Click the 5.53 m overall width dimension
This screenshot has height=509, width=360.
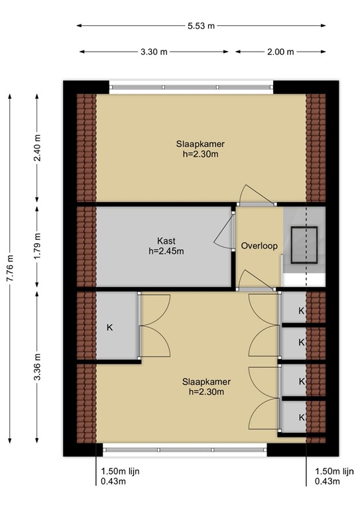click(x=202, y=27)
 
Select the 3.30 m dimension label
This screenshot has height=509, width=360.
click(x=154, y=51)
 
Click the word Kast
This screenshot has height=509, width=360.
click(x=166, y=241)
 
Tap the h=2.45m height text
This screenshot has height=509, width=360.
click(x=166, y=251)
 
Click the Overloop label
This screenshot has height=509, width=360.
click(x=259, y=245)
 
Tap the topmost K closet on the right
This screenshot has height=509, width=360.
click(x=301, y=311)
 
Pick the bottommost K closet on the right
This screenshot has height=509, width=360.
click(x=301, y=417)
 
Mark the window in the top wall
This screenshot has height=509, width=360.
click(x=191, y=85)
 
